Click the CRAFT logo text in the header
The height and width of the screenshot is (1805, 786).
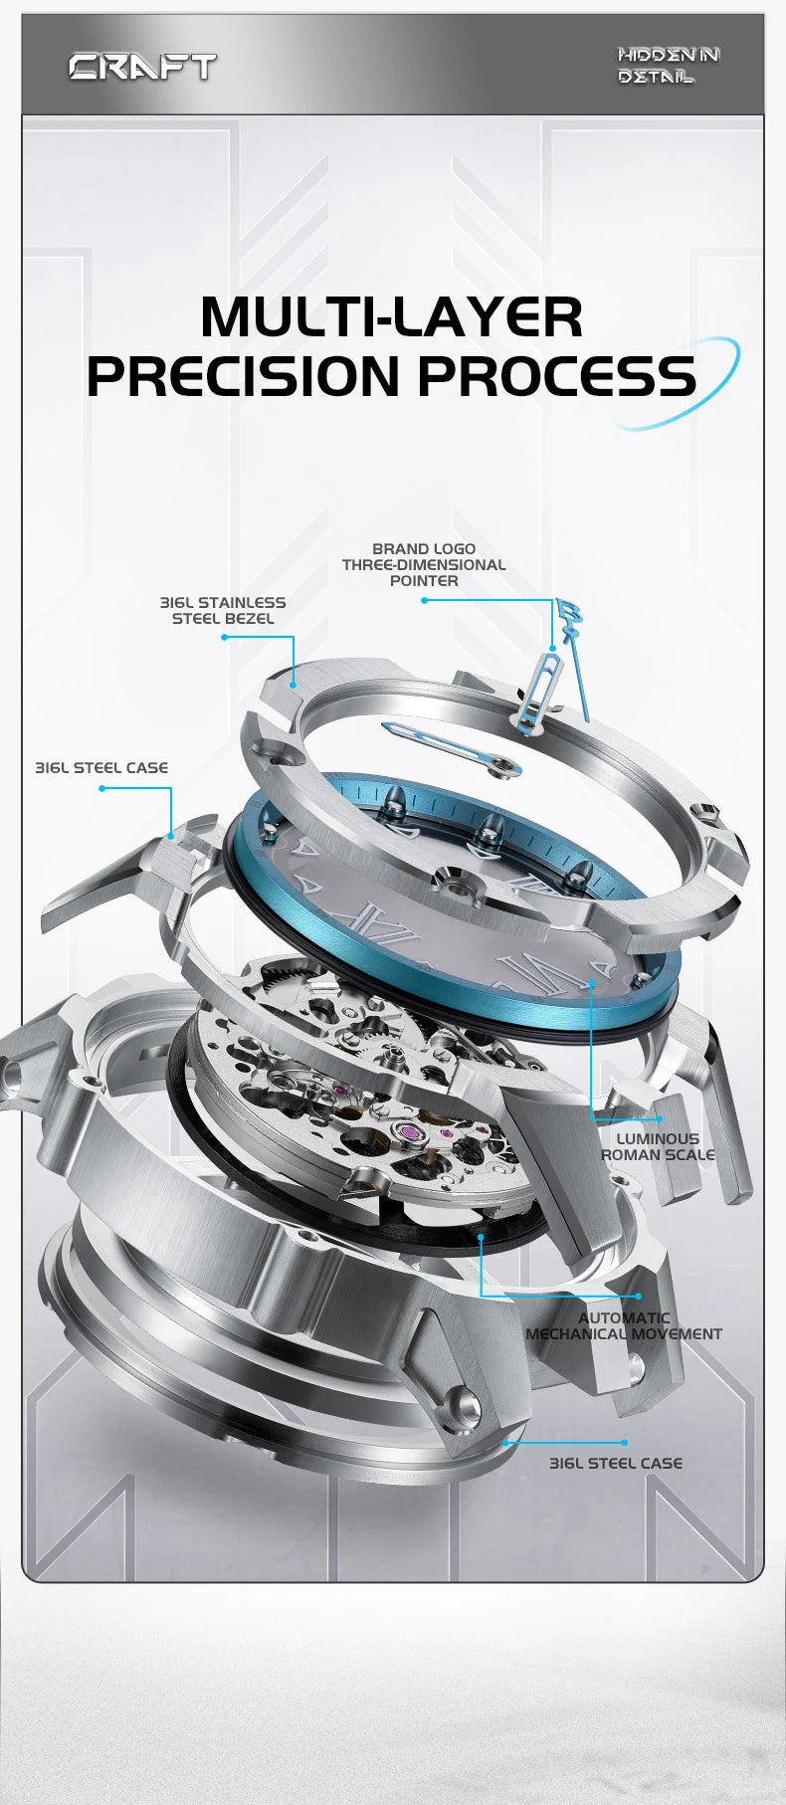pyautogui.click(x=142, y=67)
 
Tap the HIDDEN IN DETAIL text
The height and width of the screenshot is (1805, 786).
pyautogui.click(x=668, y=66)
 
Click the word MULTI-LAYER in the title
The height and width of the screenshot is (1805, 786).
pyautogui.click(x=391, y=316)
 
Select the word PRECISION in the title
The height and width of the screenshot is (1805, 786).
pyautogui.click(x=244, y=375)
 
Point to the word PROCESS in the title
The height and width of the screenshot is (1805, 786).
pyautogui.click(x=556, y=375)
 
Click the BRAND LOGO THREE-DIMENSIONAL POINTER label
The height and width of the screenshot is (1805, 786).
pyautogui.click(x=424, y=564)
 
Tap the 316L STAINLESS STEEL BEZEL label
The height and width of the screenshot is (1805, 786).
pyautogui.click(x=223, y=610)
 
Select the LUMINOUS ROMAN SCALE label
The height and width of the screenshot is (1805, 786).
pyautogui.click(x=658, y=1146)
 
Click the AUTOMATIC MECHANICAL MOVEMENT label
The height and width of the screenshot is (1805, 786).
pyautogui.click(x=624, y=1325)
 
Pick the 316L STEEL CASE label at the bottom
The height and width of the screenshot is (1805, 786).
pyautogui.click(x=616, y=1463)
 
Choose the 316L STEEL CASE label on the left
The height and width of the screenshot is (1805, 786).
pyautogui.click(x=101, y=767)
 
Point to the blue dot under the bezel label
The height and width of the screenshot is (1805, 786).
pyautogui.click(x=224, y=637)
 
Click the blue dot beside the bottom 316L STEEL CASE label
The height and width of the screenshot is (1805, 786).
pyautogui.click(x=624, y=1442)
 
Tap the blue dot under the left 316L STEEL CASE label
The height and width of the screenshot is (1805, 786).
pyautogui.click(x=101, y=788)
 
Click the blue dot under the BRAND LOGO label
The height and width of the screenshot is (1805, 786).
pyautogui.click(x=423, y=600)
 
